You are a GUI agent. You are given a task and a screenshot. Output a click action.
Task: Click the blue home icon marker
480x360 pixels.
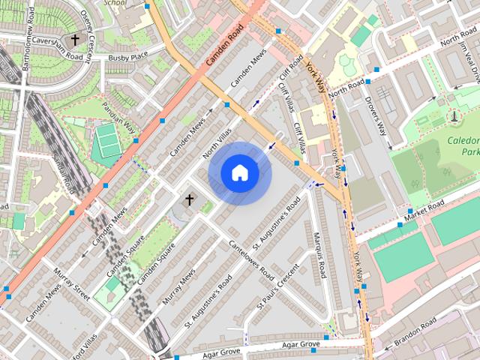point(239,173)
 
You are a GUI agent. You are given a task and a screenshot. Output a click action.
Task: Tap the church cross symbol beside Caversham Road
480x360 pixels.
point(74,40)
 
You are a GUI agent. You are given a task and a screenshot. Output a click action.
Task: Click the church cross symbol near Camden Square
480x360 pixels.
point(189,200)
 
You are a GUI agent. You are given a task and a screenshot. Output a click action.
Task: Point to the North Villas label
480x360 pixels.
point(217,143)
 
